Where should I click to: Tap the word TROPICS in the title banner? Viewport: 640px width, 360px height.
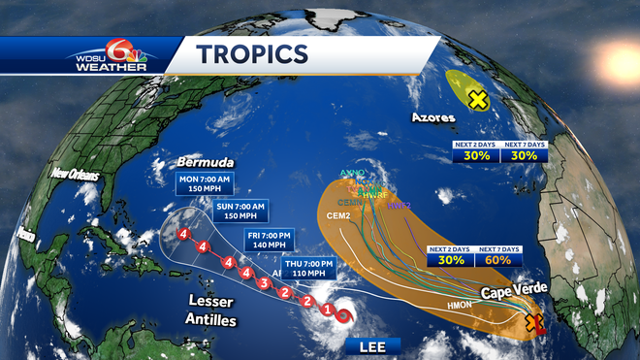[254, 55]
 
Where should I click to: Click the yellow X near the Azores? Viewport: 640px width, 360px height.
[477, 99]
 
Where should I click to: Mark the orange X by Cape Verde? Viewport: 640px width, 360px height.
[531, 324]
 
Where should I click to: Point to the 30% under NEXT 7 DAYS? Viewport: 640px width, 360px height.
[524, 155]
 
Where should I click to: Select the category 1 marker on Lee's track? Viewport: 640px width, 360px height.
[328, 311]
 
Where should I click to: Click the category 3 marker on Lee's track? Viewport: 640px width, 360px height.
[264, 283]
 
